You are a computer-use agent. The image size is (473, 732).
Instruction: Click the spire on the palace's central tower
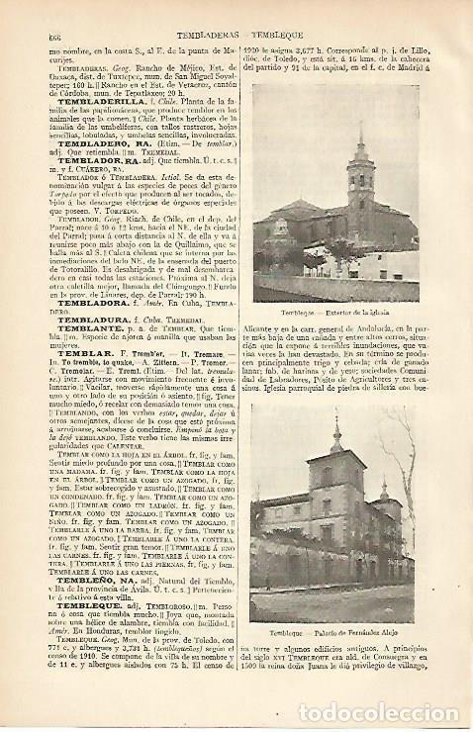tap(336, 435)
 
